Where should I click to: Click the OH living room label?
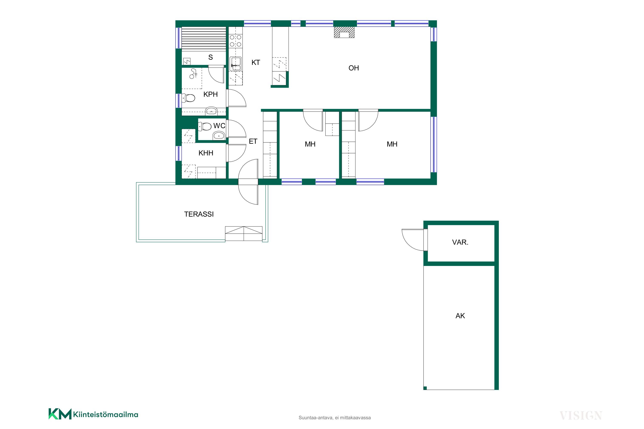[354, 68]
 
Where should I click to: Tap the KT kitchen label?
[255, 62]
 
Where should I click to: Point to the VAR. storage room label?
[460, 242]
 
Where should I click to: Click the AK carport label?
[460, 316]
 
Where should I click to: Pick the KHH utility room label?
[206, 153]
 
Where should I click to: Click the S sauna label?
[210, 57]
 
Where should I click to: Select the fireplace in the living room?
[344, 32]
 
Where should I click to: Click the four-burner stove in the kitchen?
[235, 41]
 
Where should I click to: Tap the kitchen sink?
[235, 64]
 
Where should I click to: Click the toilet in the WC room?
[205, 126]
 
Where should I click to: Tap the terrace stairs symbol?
[244, 233]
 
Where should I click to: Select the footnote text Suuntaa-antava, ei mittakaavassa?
[335, 418]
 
